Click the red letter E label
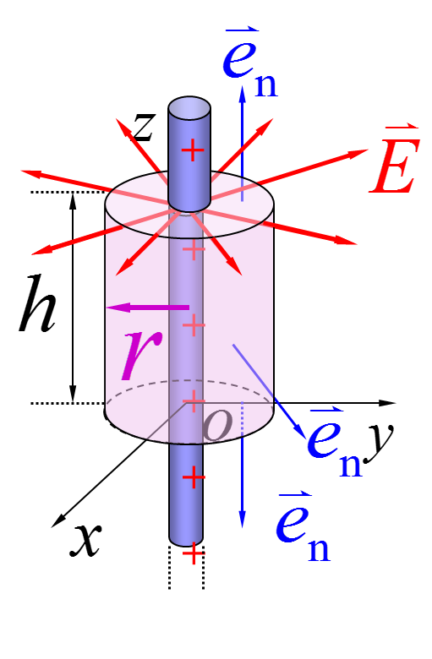[395, 160]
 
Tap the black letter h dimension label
[37, 304]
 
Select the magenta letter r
[141, 354]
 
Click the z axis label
[144, 126]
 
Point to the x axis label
[86, 540]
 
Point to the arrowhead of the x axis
[58, 520]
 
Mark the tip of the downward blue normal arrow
[243, 527]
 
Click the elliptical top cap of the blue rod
[189, 108]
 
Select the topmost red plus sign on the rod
[193, 150]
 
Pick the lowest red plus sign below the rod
[193, 554]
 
